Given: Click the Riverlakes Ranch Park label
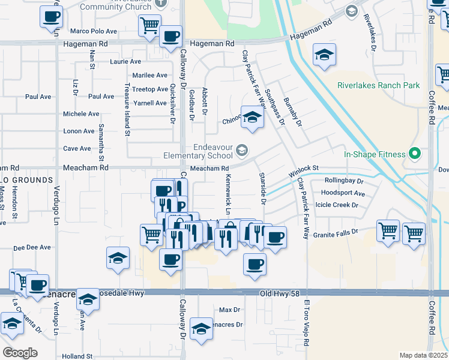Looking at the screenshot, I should [378, 85].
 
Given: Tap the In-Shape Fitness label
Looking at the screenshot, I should [375, 154].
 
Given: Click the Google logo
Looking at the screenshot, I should [20, 353].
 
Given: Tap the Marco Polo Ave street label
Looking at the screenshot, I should [93, 31].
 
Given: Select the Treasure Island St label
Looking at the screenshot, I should [128, 110].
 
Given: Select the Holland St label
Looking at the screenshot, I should [77, 356].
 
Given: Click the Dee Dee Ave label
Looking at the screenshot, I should [32, 247].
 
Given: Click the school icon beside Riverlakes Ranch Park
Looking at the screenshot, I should [324, 56].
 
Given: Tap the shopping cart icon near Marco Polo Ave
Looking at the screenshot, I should [149, 26].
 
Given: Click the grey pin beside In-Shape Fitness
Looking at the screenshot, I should [414, 154].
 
